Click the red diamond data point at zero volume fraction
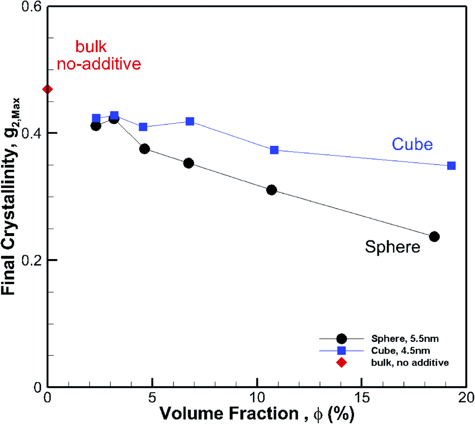pyautogui.click(x=48, y=89)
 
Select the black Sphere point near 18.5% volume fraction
pyautogui.click(x=434, y=237)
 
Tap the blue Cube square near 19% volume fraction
pyautogui.click(x=451, y=166)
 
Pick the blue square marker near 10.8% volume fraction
pyautogui.click(x=275, y=150)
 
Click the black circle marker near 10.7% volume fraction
pyautogui.click(x=272, y=190)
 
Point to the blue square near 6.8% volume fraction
pyautogui.click(x=190, y=121)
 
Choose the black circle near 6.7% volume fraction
pyautogui.click(x=189, y=163)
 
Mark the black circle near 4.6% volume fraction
pyautogui.click(x=145, y=149)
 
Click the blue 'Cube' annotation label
pyautogui.click(x=412, y=144)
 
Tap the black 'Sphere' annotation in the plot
pyautogui.click(x=393, y=247)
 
